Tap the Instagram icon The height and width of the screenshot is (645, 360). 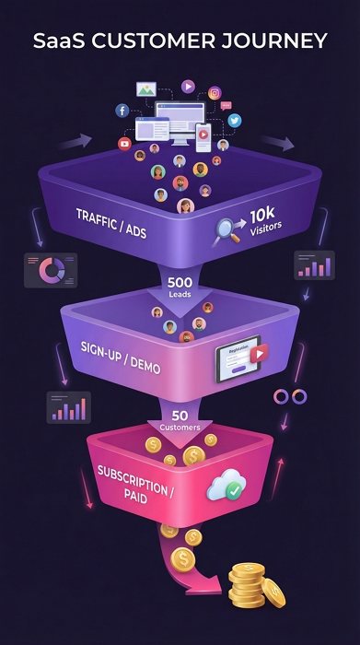click(215, 92)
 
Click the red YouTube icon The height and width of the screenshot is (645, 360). click(125, 144)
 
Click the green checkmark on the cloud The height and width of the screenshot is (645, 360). click(235, 491)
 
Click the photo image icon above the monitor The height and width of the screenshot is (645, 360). click(145, 90)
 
